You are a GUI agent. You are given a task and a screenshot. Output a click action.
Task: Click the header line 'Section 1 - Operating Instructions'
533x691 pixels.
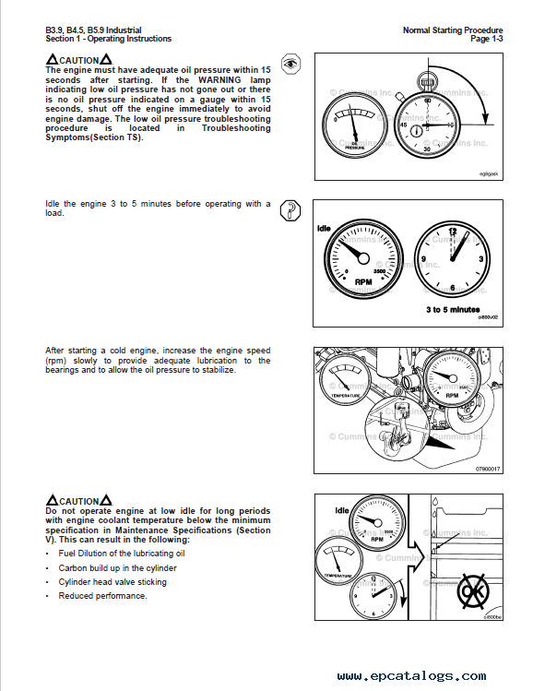pyautogui.click(x=108, y=39)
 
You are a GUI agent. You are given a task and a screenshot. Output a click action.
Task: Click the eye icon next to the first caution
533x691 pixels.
pyautogui.click(x=291, y=64)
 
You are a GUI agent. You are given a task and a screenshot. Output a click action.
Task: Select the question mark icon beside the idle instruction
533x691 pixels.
pyautogui.click(x=290, y=210)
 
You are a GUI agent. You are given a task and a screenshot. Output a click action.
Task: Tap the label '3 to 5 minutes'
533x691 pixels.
pyautogui.click(x=452, y=309)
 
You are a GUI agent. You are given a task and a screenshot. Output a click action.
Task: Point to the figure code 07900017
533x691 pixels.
pyautogui.click(x=486, y=469)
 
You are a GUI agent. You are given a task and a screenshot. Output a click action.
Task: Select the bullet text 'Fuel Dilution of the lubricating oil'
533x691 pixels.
pyautogui.click(x=122, y=554)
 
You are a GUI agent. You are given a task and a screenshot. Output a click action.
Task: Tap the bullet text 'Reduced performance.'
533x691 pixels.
pyautogui.click(x=102, y=596)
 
